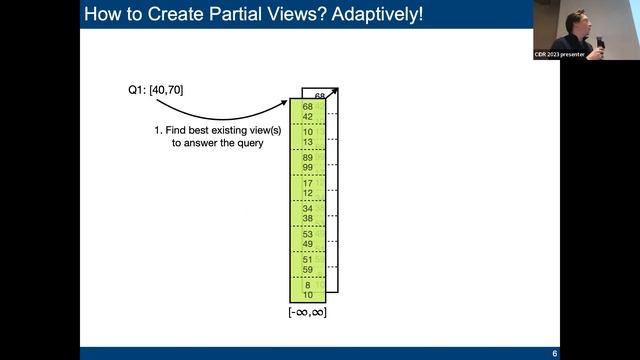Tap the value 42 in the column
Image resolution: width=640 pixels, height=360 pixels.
(x=307, y=116)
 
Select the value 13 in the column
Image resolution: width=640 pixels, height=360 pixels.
(x=307, y=142)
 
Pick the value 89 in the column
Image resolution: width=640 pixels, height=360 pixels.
(x=307, y=158)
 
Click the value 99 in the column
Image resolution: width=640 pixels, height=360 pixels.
(x=307, y=168)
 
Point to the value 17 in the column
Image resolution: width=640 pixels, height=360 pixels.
(x=307, y=183)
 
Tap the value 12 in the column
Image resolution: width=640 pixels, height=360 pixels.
(x=307, y=193)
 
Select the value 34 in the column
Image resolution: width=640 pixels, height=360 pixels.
(x=307, y=209)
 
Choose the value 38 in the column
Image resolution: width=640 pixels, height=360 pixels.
(x=307, y=219)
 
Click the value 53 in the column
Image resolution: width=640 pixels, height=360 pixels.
(x=307, y=234)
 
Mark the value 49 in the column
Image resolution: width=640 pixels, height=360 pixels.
(x=307, y=244)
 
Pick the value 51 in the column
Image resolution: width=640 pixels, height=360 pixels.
(x=307, y=259)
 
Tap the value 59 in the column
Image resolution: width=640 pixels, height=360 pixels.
(x=307, y=269)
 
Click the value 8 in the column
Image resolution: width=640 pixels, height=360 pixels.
(x=307, y=285)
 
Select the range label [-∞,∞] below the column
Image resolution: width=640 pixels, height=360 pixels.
(x=307, y=313)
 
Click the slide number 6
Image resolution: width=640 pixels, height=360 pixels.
(x=554, y=353)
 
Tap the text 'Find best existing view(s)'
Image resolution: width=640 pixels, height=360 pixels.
(x=212, y=130)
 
